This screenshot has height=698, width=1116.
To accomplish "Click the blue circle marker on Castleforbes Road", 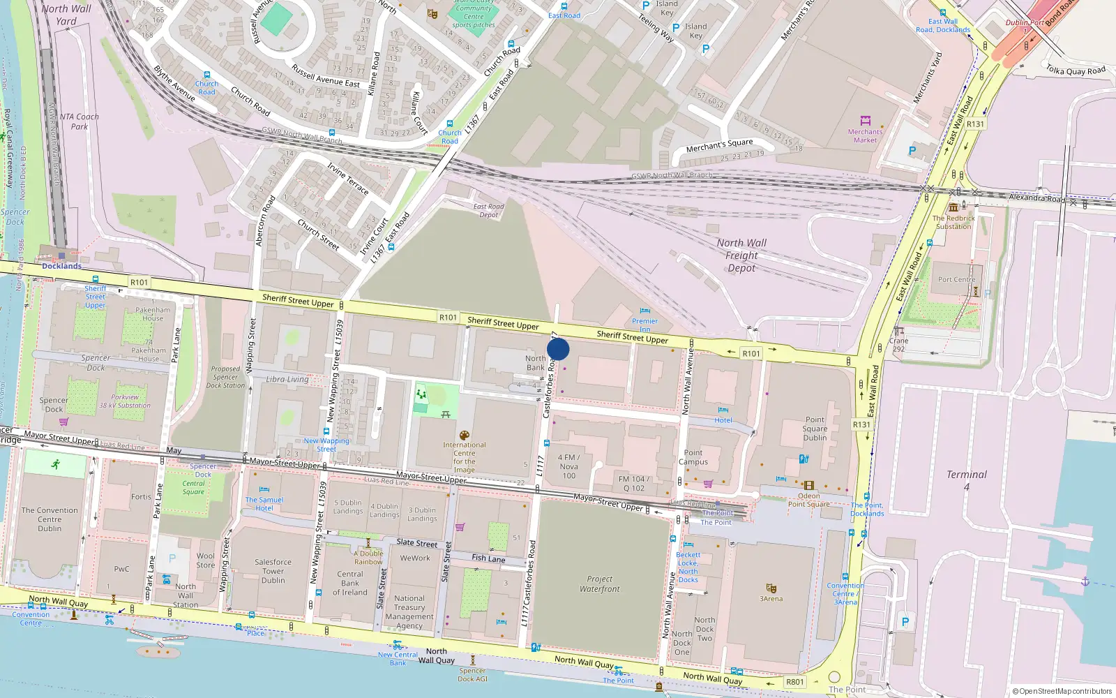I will (558, 349).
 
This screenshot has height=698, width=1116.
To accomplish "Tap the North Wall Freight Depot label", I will (741, 255).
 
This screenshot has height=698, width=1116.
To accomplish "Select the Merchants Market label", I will (865, 135).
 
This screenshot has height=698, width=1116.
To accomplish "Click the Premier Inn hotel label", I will (644, 325).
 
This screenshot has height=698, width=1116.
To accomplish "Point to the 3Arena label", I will (771, 598).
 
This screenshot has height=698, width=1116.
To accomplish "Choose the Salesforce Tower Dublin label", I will (273, 571).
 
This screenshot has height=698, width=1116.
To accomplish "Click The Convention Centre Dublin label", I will (50, 519).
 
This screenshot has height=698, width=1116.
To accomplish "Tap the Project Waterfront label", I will (599, 584).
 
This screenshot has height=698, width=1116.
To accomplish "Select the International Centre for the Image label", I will (464, 457).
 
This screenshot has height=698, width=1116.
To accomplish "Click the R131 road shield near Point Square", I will (861, 424).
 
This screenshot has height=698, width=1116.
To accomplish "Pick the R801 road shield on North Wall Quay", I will (794, 682).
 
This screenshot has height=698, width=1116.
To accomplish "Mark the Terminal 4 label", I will (967, 480).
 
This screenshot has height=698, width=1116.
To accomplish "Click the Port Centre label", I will (956, 279).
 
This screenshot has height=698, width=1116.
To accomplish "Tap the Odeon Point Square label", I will (808, 500).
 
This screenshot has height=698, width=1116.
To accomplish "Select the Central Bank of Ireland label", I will (349, 583).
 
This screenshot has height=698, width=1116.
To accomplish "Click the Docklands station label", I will (61, 266).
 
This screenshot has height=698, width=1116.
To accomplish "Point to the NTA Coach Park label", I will (79, 121).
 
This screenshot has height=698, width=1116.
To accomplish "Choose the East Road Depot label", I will (488, 210).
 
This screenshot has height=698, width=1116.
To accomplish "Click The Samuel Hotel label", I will (264, 504).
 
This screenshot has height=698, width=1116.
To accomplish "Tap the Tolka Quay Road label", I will (1075, 70).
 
